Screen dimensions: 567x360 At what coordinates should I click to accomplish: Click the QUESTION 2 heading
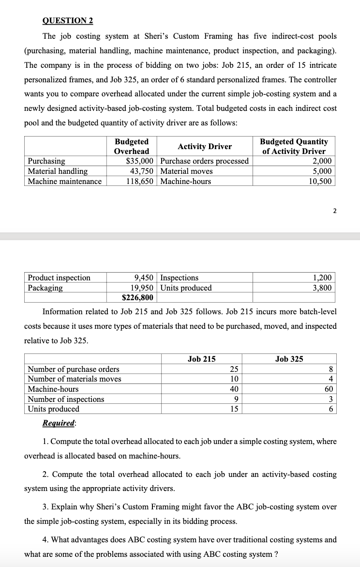[x=68, y=21]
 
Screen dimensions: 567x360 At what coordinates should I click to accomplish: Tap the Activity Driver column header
[x=205, y=147]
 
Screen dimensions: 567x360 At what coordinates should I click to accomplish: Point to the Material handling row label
[x=58, y=171]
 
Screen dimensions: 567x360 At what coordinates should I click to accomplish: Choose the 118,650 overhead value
[x=140, y=181]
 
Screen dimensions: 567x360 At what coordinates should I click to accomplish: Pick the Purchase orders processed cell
[x=204, y=161]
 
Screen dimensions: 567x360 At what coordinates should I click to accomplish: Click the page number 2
[x=334, y=210]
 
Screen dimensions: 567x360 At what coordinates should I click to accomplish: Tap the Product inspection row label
[x=59, y=277]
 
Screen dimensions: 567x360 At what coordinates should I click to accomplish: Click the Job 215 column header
[x=201, y=359]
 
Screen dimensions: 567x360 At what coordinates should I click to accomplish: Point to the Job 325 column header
[x=289, y=359]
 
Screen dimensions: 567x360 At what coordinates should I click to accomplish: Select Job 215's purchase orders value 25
[x=234, y=369]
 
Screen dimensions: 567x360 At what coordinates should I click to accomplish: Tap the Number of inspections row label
[x=66, y=399]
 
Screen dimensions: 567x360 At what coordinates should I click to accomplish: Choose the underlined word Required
[x=59, y=423]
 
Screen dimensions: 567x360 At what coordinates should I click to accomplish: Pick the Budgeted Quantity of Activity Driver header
[x=294, y=147]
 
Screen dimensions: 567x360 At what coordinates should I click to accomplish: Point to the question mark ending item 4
[x=276, y=554]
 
